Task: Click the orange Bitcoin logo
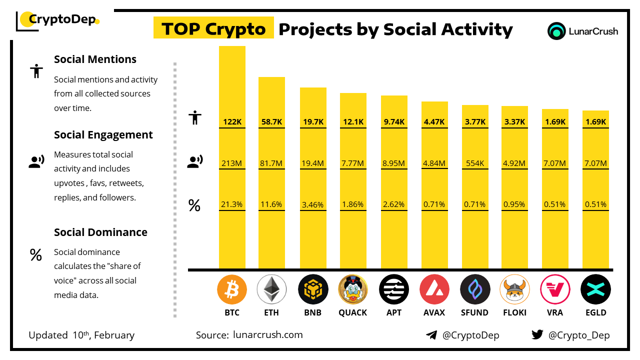(x=232, y=289)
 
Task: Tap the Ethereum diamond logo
(x=271, y=289)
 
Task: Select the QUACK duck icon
(x=352, y=289)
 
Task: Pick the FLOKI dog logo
(x=514, y=289)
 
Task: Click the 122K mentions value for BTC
(x=232, y=121)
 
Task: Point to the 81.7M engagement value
(x=271, y=163)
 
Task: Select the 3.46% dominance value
(x=312, y=204)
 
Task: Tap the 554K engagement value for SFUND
(x=474, y=163)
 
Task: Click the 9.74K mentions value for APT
(x=394, y=121)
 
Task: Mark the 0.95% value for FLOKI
(x=514, y=204)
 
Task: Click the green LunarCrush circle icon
(x=556, y=31)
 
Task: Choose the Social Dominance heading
(x=100, y=232)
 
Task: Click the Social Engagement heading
(x=103, y=134)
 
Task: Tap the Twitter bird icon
(x=537, y=334)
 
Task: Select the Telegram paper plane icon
(x=431, y=334)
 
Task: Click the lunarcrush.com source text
(x=267, y=334)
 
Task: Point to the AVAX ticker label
(x=434, y=312)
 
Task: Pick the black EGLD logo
(x=595, y=289)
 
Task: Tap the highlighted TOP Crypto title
(x=213, y=29)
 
